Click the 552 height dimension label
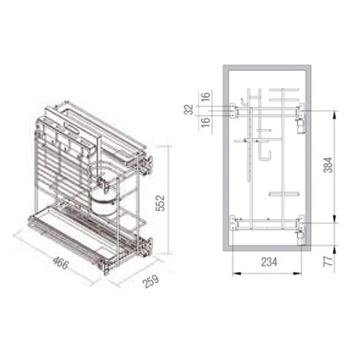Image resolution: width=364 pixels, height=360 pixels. (160, 203)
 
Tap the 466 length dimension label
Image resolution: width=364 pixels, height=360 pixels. (61, 263)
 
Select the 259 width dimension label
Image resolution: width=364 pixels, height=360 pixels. (151, 281)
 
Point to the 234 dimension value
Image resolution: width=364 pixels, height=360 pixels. (269, 262)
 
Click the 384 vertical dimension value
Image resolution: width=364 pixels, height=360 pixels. (328, 165)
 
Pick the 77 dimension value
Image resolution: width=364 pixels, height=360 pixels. (328, 261)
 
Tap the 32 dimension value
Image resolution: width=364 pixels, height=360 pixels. (190, 110)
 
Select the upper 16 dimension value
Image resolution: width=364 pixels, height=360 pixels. (206, 97)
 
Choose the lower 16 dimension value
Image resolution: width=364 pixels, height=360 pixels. (206, 122)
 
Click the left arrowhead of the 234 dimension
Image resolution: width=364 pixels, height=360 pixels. (237, 273)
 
